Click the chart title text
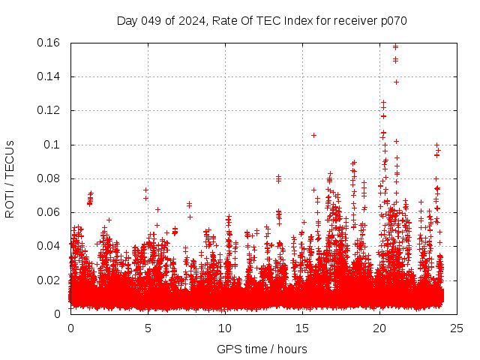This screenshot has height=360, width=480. pos(262,20)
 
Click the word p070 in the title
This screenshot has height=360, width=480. pos(392,20)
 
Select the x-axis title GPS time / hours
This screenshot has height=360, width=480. pos(262,349)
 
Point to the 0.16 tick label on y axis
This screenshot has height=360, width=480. pos(49,43)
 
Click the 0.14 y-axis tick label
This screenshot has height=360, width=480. pos(49,76)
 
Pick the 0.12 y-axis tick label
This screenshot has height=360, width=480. pos(49,110)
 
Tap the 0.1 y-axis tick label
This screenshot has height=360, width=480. pos(54,144)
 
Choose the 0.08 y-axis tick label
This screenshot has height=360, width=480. pos(49,178)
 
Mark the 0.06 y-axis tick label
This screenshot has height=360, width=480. pos(49,212)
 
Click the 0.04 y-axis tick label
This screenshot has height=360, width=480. pos(49,246)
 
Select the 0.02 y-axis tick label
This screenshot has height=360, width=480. pos(49,280)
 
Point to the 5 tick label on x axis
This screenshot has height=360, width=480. pos(148,328)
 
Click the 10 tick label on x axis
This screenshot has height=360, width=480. pos(225,328)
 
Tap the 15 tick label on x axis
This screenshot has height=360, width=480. pos(302,328)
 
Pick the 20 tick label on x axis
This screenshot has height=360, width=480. pos(379,328)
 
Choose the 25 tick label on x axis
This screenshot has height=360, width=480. pos(457,328)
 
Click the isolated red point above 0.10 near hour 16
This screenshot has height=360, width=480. pos(313,135)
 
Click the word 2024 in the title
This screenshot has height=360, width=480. pos(197,20)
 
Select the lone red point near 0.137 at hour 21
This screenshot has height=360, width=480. pos(396,82)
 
